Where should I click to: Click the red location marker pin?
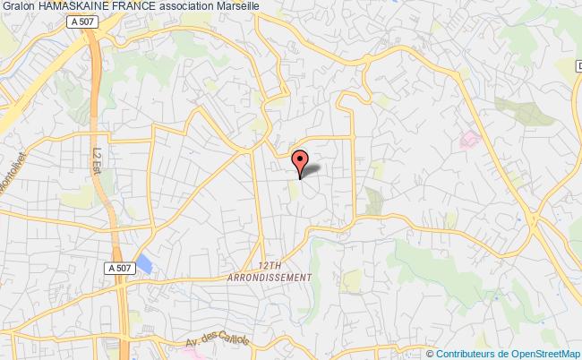pyautogui.click(x=301, y=160)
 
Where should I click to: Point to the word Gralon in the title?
pyautogui.click(x=18, y=7)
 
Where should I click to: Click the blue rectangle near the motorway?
pyautogui.click(x=142, y=265)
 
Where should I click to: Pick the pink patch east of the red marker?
pyautogui.click(x=468, y=140)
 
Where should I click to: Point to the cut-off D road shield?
pyautogui.click(x=578, y=67)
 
